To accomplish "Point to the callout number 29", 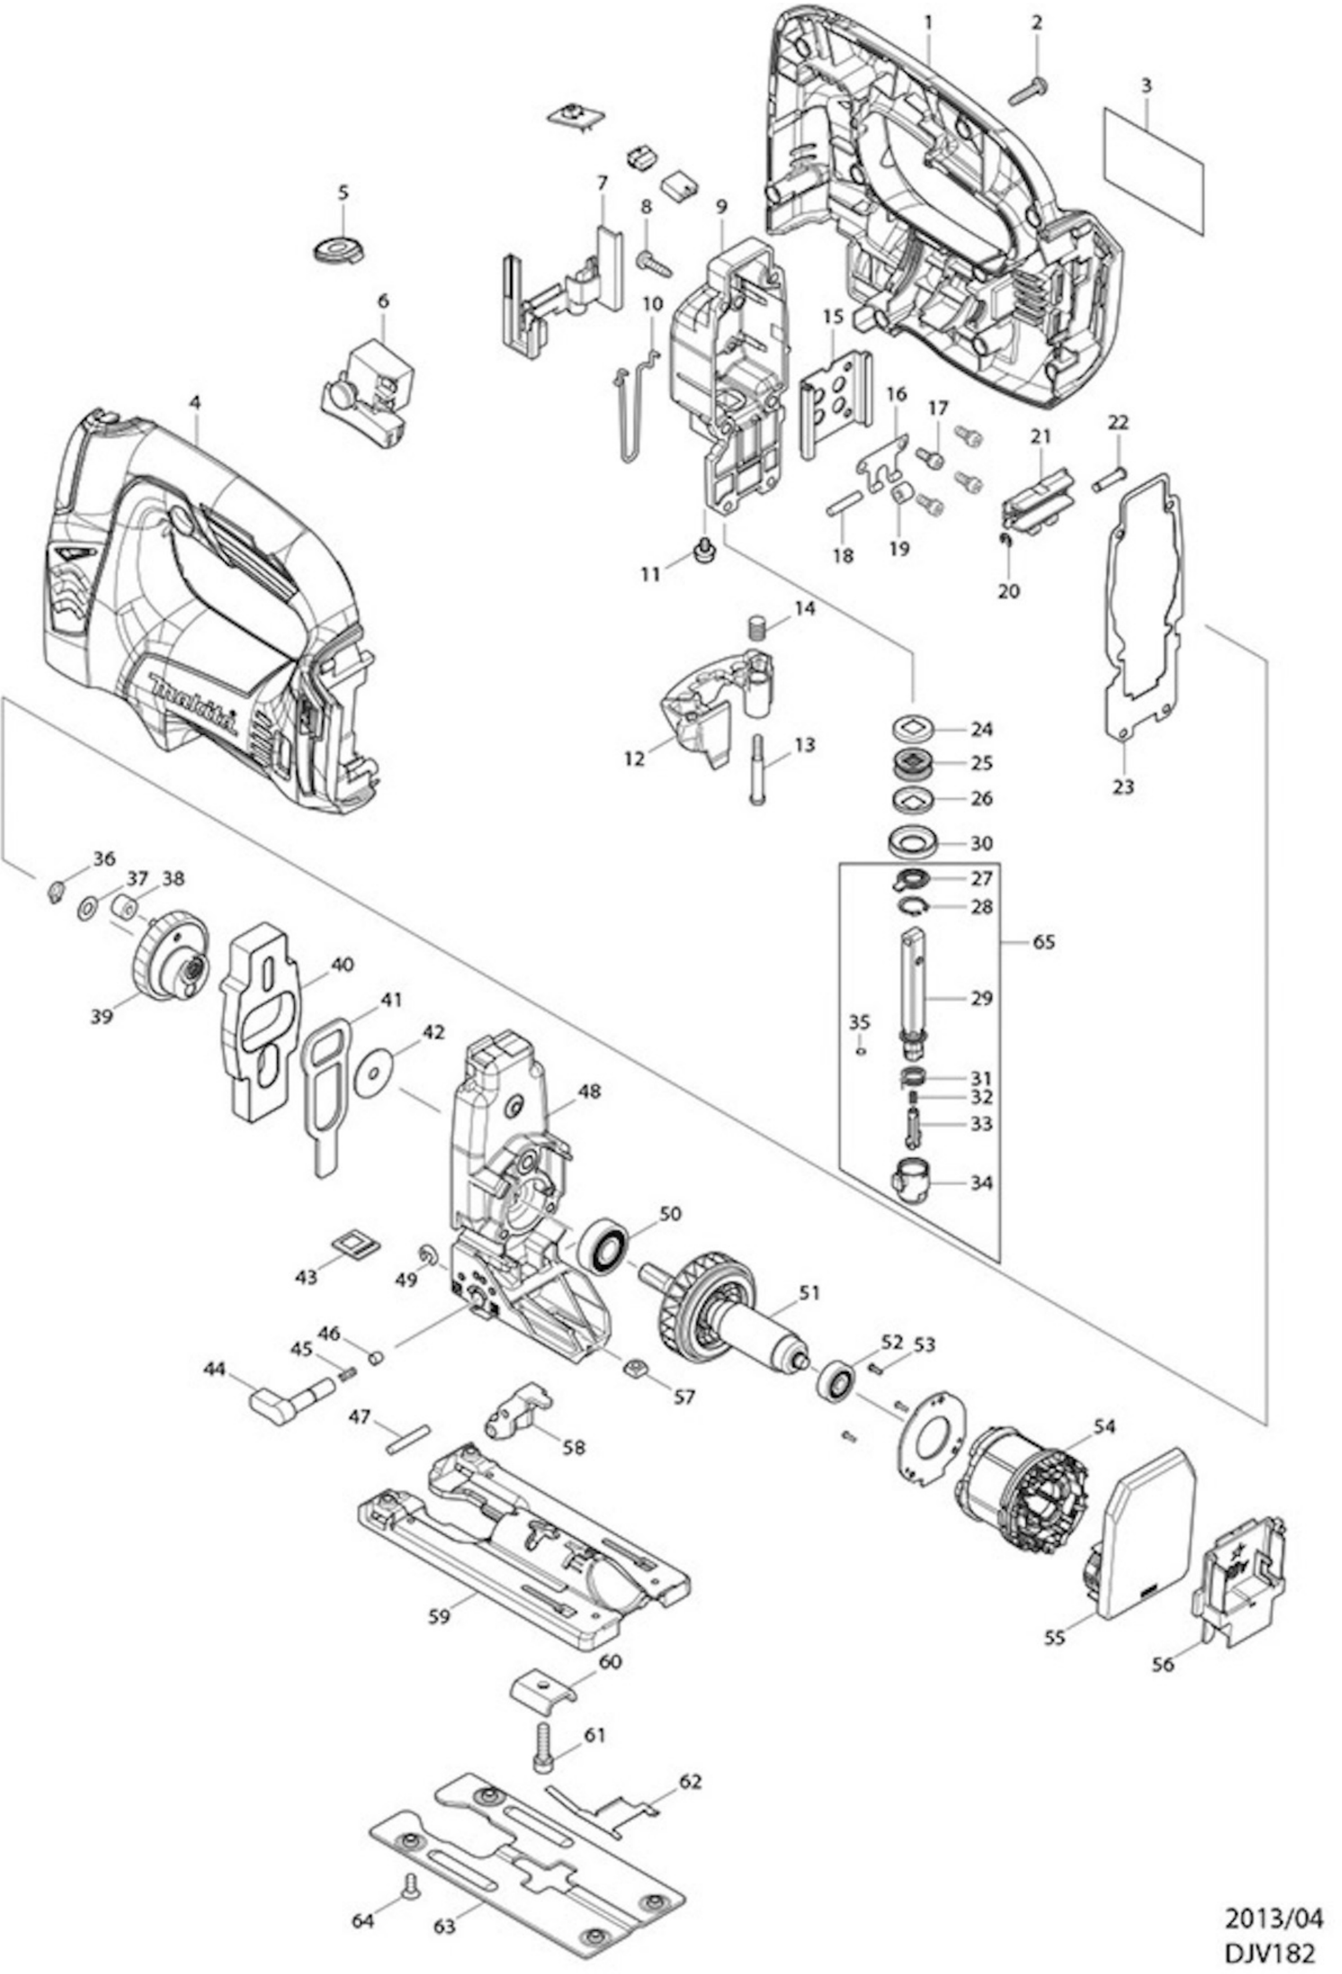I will coord(982,998).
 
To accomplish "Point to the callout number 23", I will coord(1123,787).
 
